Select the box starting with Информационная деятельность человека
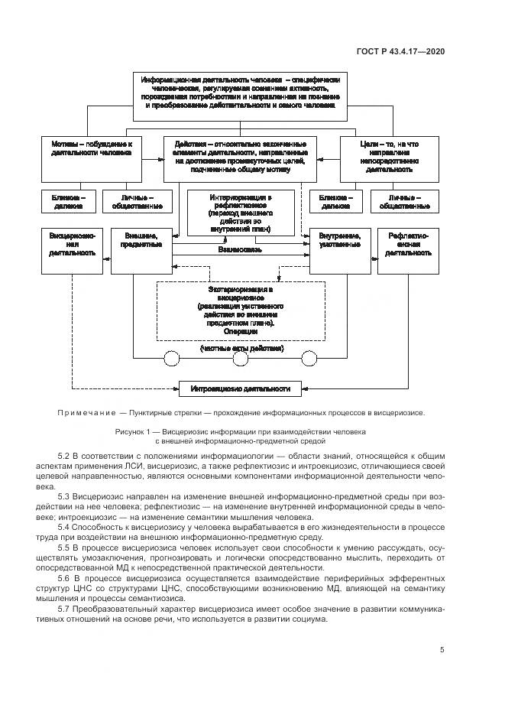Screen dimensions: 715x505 pos(241,96)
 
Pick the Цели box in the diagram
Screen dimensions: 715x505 pos(390,158)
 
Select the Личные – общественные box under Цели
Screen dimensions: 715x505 pos(406,201)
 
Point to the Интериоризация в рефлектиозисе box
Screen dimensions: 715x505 pos(241,213)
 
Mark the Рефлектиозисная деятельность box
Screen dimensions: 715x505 pos(406,249)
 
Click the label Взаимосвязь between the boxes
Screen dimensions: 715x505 pos(240,249)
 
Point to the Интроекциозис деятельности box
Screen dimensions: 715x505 pos(240,388)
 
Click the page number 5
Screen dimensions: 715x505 pos(443,650)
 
